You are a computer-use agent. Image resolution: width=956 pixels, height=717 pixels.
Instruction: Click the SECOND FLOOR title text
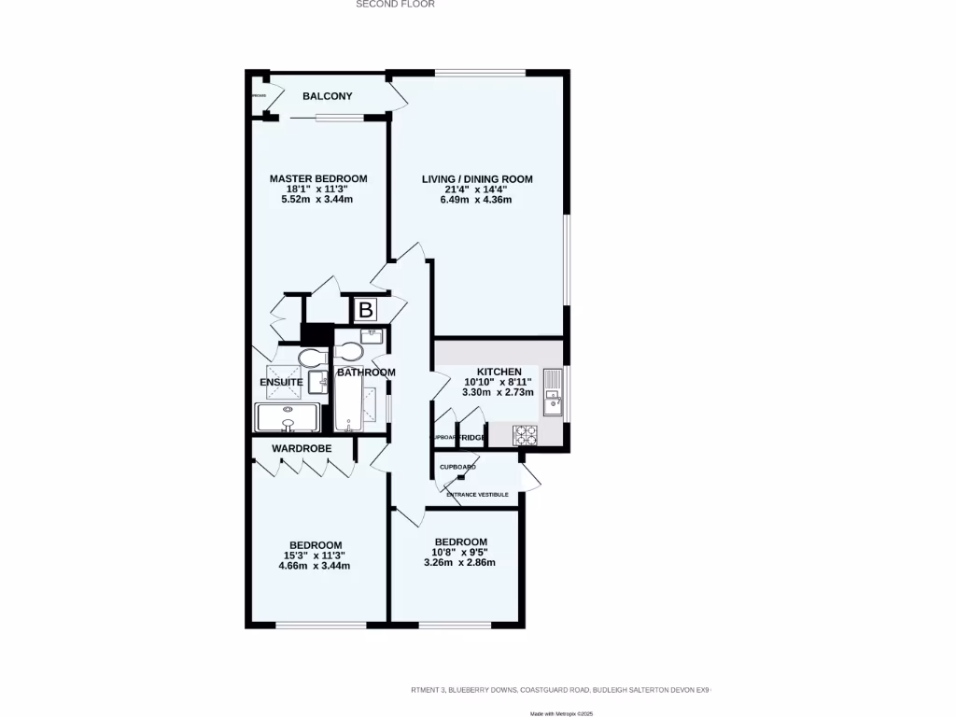[395, 4]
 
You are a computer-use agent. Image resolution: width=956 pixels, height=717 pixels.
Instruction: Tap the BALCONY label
[327, 96]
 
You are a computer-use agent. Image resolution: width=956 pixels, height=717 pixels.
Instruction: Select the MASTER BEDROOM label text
[318, 178]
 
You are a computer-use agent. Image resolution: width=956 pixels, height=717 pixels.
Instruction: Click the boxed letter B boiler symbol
[366, 310]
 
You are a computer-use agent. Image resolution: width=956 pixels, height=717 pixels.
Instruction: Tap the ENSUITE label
[280, 383]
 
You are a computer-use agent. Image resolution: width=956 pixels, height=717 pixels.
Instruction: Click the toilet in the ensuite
[310, 358]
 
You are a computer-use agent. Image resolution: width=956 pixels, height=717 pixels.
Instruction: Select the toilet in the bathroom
[350, 352]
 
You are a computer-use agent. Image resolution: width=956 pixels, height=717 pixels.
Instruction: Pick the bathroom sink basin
[371, 333]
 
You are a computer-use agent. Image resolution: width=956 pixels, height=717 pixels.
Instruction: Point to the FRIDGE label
[471, 438]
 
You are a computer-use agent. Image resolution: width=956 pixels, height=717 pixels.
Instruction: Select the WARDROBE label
[302, 449]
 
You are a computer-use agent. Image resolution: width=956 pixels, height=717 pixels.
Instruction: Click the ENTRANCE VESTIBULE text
[477, 495]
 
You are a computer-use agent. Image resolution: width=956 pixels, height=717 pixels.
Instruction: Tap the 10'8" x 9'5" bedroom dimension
[459, 553]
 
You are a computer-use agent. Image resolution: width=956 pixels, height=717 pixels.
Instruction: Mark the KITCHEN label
[499, 372]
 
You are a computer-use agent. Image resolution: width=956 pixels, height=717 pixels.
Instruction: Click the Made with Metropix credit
[561, 713]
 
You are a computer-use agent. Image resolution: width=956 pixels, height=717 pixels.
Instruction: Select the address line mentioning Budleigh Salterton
[560, 690]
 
